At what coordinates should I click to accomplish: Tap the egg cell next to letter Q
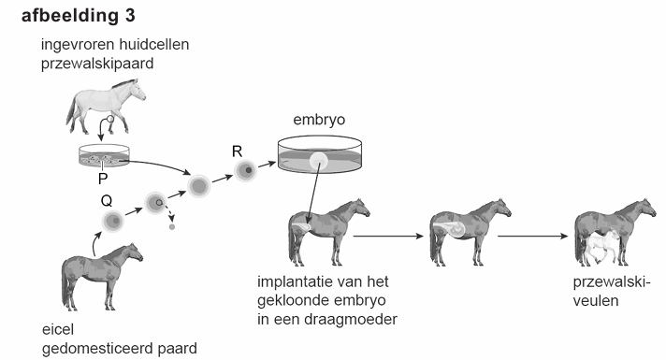(x=114, y=222)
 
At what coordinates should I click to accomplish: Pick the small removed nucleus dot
(x=171, y=226)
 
